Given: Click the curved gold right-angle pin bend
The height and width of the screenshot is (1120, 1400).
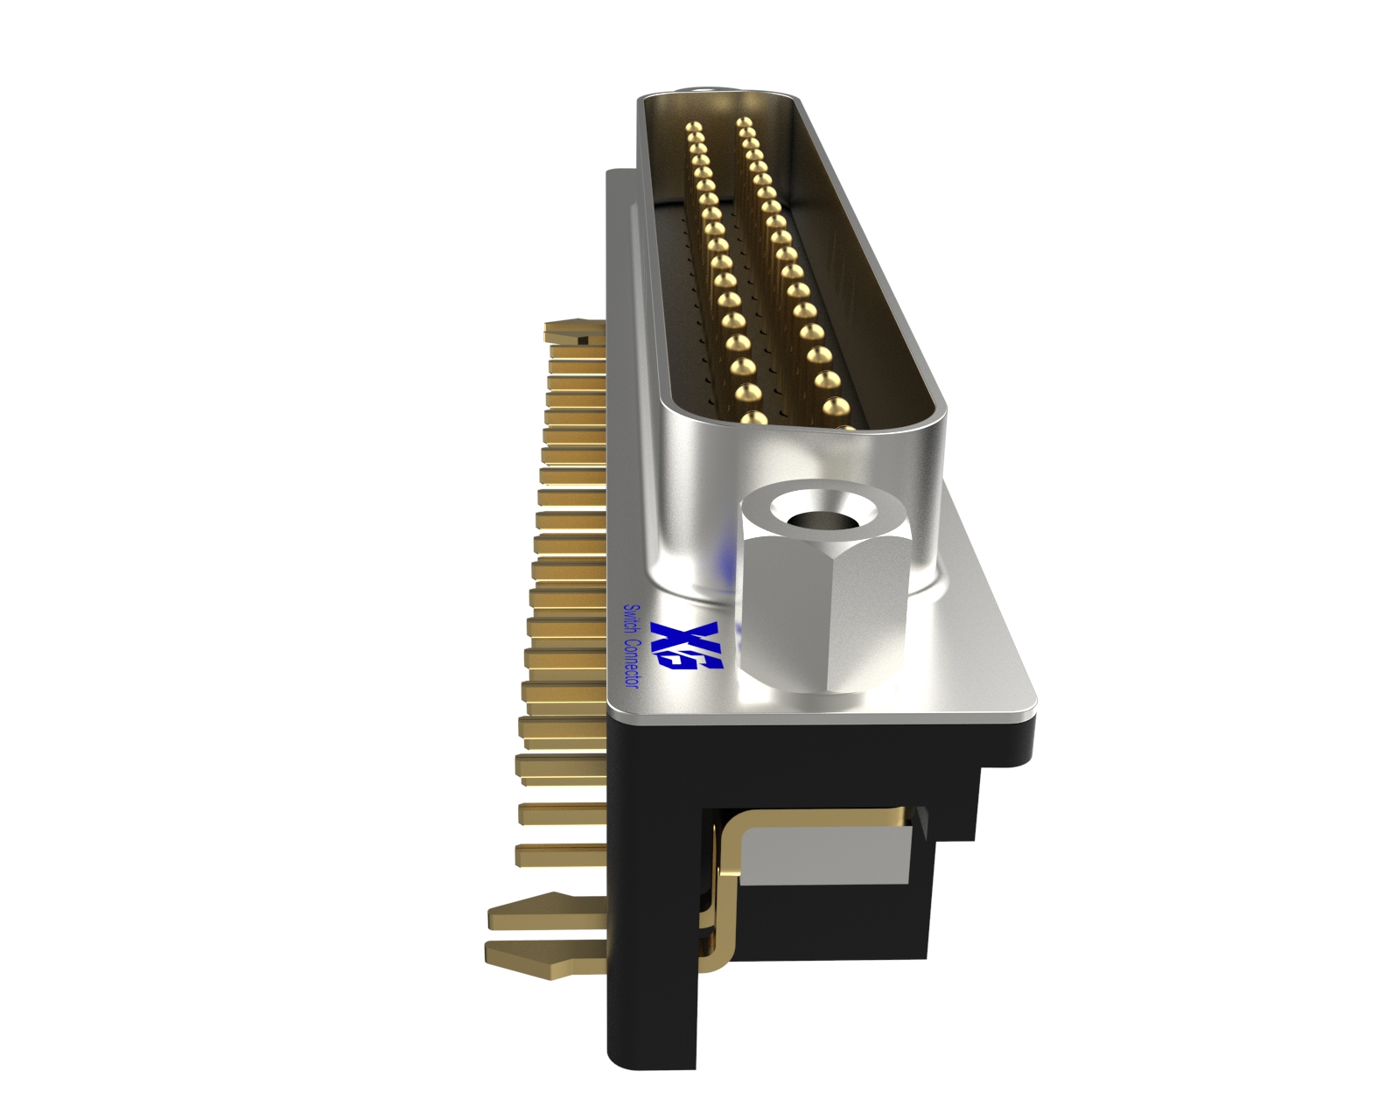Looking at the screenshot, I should pos(731,840).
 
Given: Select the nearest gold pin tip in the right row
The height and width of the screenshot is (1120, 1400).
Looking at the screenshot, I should pos(836,407).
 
